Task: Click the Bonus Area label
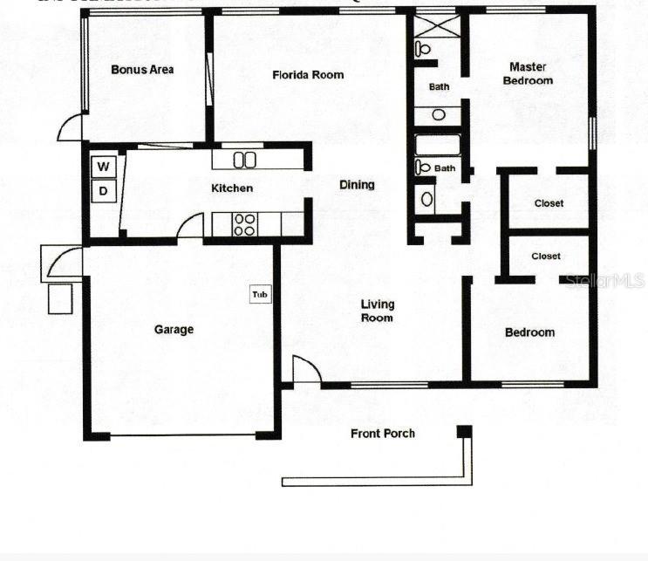coord(142,70)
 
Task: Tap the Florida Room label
coord(308,75)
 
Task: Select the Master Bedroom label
coord(530,73)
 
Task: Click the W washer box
coord(104,166)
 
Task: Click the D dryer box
coord(104,191)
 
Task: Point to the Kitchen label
coord(233,188)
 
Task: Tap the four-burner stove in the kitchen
coord(244,224)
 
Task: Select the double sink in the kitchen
coord(244,159)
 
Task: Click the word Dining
coord(357,185)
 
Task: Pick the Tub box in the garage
coord(260,294)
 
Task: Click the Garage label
coord(174,330)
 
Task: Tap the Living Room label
coord(379,311)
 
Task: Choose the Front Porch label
coord(383,434)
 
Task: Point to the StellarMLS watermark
coord(604,280)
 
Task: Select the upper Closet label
coord(549,203)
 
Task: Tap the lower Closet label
coord(546,257)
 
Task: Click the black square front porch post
coord(464,431)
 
